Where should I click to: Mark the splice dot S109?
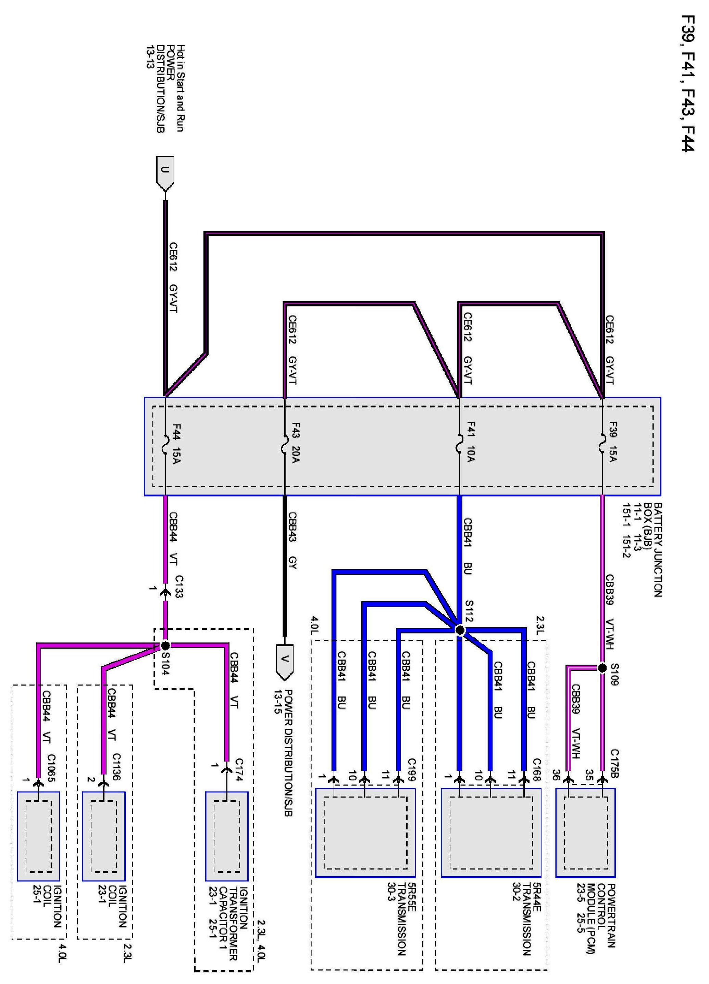pyautogui.click(x=602, y=668)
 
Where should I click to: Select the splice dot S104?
pyautogui.click(x=165, y=645)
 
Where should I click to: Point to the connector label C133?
pyautogui.click(x=178, y=586)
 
